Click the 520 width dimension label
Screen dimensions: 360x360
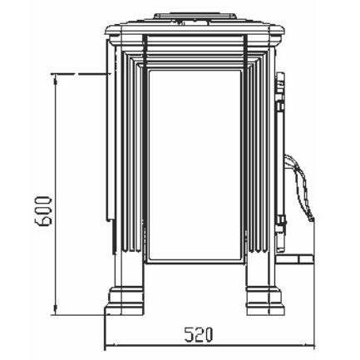[x=199, y=335]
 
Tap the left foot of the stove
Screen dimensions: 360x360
[x=125, y=301]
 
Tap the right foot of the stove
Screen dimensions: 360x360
[x=265, y=301]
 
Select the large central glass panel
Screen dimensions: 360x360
[x=195, y=165]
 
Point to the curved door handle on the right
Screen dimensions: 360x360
[x=300, y=188]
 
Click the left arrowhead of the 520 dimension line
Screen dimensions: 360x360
[x=110, y=345]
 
